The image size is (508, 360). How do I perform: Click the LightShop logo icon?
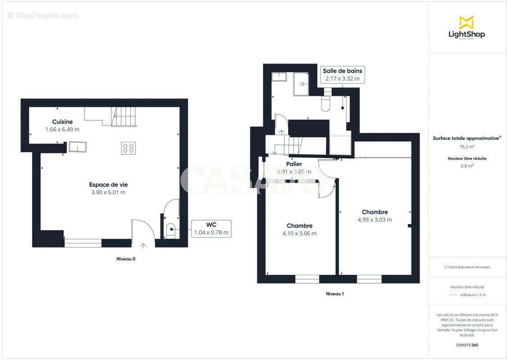pos(466,22)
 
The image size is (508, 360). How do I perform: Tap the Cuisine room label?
pos(62,122)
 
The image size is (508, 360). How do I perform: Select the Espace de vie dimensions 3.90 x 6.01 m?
pos(108,192)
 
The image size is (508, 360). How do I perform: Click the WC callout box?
pos(211,229)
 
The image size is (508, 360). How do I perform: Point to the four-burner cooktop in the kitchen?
pos(128,148)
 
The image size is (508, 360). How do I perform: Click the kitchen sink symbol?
pos(78,147)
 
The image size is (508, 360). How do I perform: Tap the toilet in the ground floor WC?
pos(170,230)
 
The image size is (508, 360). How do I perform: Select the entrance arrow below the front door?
pos(143,245)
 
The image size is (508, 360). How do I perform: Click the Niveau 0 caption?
pos(126,259)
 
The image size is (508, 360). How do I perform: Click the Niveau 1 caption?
pos(334,294)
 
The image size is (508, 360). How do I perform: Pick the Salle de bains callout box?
pos(342,75)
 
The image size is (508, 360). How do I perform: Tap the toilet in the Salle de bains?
pos(326,103)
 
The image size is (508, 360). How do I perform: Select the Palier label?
pos(294,164)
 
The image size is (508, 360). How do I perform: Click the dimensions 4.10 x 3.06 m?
pos(299,233)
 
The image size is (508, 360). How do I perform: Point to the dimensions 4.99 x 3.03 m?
pos(374,220)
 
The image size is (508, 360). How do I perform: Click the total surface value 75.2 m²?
pos(467,146)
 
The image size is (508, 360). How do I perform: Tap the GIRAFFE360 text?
pos(467,345)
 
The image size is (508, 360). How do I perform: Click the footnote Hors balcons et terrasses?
pos(467,267)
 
